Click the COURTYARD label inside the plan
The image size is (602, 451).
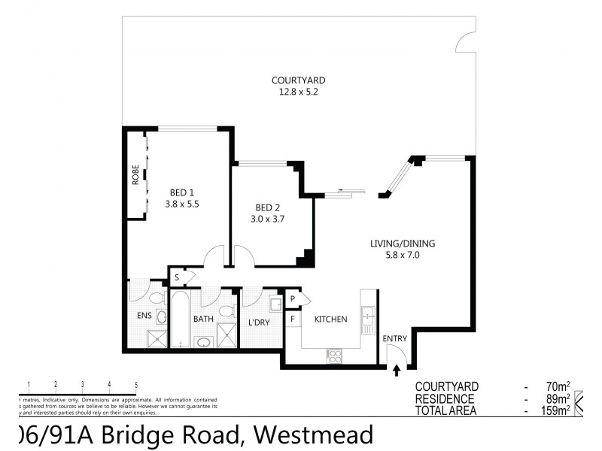299,80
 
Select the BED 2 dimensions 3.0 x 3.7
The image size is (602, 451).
269,219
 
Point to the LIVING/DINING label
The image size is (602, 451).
403,244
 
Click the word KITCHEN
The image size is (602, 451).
330,319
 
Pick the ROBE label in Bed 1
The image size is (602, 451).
135,175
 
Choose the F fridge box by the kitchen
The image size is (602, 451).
293,319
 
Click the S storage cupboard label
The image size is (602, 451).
177,277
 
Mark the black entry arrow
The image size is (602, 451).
397,369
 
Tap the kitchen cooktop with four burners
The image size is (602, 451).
333,356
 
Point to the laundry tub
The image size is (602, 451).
275,304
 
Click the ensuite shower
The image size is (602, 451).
156,338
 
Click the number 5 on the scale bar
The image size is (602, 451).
136,385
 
